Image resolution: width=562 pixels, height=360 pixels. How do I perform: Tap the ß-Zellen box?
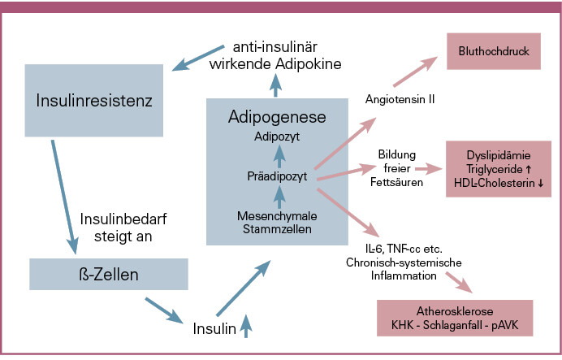[102, 274]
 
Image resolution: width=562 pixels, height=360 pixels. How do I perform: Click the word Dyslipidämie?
[499, 154]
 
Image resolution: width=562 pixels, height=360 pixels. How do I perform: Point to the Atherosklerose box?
[454, 318]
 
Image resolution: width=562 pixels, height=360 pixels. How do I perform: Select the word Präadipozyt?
[278, 175]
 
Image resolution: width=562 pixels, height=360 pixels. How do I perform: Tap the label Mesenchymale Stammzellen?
[278, 222]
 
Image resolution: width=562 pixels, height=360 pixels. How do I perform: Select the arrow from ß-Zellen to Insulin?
[165, 310]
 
